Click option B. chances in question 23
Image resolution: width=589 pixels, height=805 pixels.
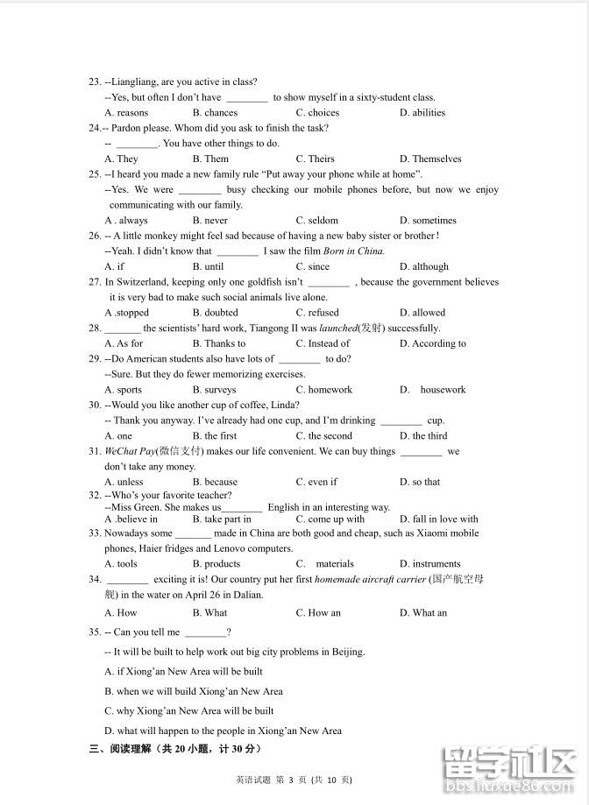click(x=215, y=113)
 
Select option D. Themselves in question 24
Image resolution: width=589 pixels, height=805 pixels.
click(x=430, y=159)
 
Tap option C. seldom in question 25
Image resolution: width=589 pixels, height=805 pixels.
click(x=316, y=221)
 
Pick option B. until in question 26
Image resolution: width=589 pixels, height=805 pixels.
click(x=208, y=267)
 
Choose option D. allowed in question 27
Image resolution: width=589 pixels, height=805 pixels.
click(x=422, y=313)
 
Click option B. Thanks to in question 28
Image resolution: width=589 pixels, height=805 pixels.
click(x=219, y=344)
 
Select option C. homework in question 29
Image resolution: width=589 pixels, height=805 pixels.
click(x=323, y=390)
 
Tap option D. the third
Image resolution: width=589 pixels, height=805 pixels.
click(x=423, y=436)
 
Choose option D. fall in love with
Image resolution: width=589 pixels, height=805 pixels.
click(x=439, y=519)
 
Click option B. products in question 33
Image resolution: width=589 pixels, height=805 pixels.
click(x=216, y=564)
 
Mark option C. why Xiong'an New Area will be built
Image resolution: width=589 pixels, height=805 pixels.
click(x=188, y=711)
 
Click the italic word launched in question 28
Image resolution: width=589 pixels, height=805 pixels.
click(x=338, y=328)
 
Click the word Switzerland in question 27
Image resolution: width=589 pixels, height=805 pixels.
click(x=147, y=282)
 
